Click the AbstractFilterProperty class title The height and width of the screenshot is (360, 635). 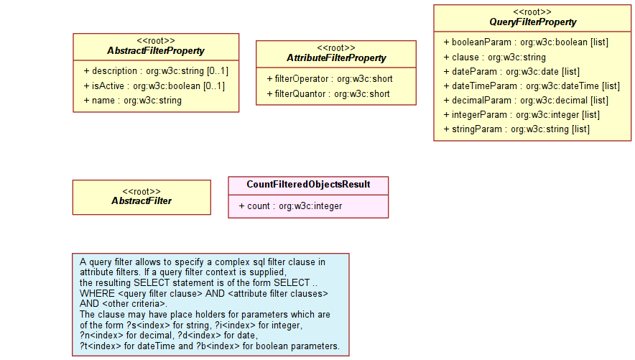[x=155, y=51]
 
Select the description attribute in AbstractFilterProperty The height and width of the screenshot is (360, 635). [x=156, y=71]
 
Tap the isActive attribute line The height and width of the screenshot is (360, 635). [x=154, y=86]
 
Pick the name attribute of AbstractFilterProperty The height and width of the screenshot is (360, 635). [x=132, y=101]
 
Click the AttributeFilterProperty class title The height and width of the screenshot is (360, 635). [x=336, y=58]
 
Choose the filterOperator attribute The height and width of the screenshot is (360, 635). [x=330, y=79]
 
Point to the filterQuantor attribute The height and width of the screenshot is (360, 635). [x=328, y=94]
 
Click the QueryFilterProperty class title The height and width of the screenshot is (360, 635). [x=532, y=22]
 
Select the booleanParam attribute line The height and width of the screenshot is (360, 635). [x=526, y=42]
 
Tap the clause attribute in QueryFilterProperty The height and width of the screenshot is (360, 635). [x=494, y=57]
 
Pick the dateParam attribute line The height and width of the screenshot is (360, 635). [x=511, y=72]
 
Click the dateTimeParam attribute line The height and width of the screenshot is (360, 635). [x=532, y=86]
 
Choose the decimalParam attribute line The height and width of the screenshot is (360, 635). [x=526, y=101]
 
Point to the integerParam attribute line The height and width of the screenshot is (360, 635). [x=522, y=115]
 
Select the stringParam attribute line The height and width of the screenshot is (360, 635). [x=516, y=129]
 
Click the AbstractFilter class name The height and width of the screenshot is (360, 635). [x=142, y=201]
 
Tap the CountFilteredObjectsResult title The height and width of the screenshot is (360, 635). [x=308, y=185]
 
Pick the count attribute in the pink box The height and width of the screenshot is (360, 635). [x=290, y=206]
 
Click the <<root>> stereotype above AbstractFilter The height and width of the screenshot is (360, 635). [x=142, y=192]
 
